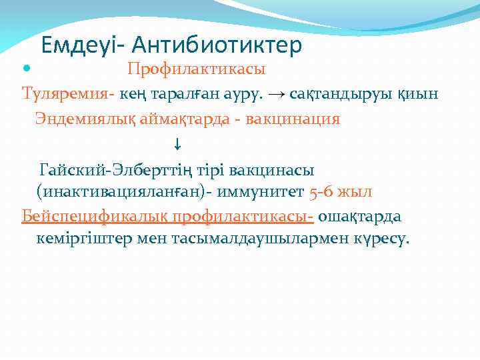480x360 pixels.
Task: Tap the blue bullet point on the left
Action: (x=26, y=69)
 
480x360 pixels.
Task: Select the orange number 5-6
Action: (x=323, y=192)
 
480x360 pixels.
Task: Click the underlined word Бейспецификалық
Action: (x=95, y=217)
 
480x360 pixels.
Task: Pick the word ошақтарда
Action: (x=360, y=217)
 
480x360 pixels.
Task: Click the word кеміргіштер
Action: (x=79, y=240)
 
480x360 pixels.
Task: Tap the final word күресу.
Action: (x=380, y=240)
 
